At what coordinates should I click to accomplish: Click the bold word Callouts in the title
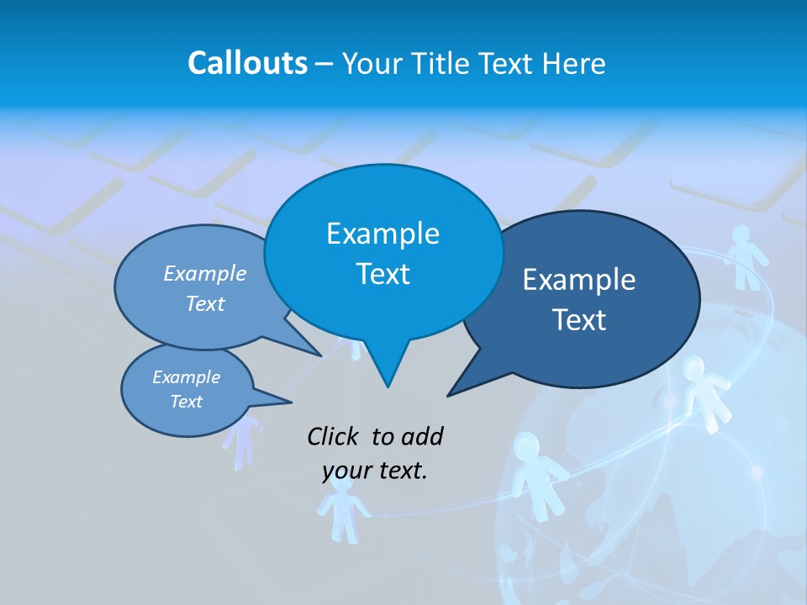pos(247,63)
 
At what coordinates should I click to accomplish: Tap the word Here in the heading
pos(573,63)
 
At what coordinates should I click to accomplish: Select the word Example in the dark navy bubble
pos(579,280)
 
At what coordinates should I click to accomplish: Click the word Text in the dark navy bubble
pos(579,320)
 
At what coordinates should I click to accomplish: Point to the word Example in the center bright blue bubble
pos(382,234)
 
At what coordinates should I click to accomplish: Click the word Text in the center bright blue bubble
pos(382,274)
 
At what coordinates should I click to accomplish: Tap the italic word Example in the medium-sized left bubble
pos(204,273)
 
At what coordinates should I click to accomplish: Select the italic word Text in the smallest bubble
pos(186,402)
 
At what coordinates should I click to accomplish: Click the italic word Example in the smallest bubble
pos(186,377)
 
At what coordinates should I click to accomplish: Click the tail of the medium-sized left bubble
pos(311,350)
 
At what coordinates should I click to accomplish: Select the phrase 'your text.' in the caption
pos(374,471)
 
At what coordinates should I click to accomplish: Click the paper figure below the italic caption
pos(342,509)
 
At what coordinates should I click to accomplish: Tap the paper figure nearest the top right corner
pos(742,256)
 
